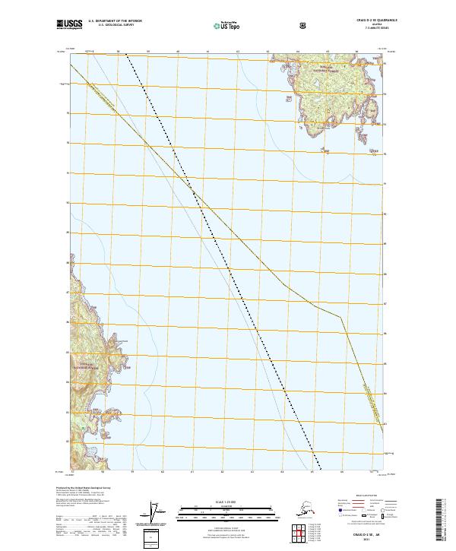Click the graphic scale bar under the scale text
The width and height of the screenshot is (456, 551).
pos(227,509)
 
